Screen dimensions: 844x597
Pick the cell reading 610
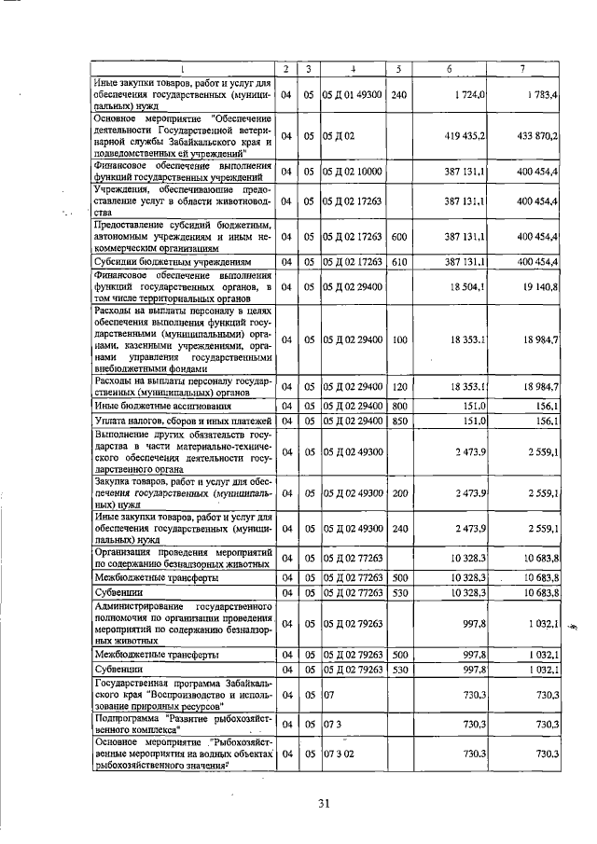pyautogui.click(x=399, y=262)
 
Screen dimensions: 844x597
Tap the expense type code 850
pyautogui.click(x=399, y=422)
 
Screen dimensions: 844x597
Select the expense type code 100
pyautogui.click(x=399, y=339)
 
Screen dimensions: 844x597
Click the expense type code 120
pyautogui.click(x=399, y=386)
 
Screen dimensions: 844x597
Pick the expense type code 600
pyautogui.click(x=399, y=238)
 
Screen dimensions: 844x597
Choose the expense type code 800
pyautogui.click(x=399, y=407)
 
